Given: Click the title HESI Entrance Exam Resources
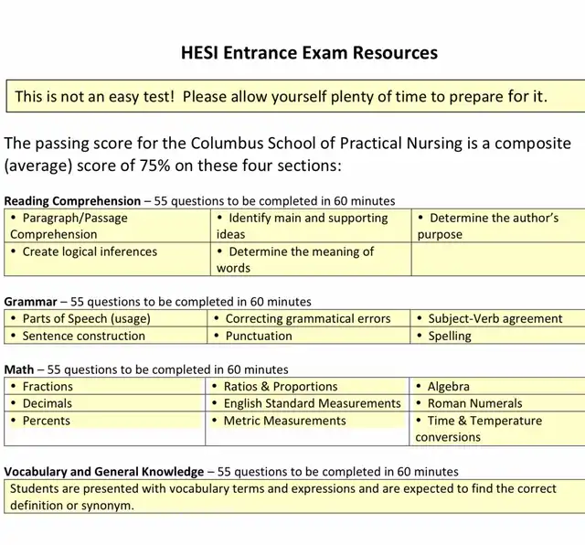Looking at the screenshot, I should click(309, 52).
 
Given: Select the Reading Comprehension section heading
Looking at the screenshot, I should click(72, 200).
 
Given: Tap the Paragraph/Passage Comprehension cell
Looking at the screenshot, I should click(69, 226).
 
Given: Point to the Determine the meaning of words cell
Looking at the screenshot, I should click(295, 260).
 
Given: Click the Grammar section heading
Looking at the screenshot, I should click(31, 301).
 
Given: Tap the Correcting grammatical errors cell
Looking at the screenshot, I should click(307, 318).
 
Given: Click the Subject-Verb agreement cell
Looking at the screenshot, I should click(495, 318).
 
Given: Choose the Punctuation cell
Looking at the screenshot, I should click(258, 336).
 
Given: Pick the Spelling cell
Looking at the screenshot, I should click(450, 336).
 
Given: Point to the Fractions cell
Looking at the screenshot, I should click(48, 386).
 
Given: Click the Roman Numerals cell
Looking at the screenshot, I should click(474, 403).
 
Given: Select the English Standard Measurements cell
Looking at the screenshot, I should click(312, 403).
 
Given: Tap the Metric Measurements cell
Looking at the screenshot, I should click(284, 421).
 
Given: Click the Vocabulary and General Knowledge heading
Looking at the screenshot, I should click(104, 471).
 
